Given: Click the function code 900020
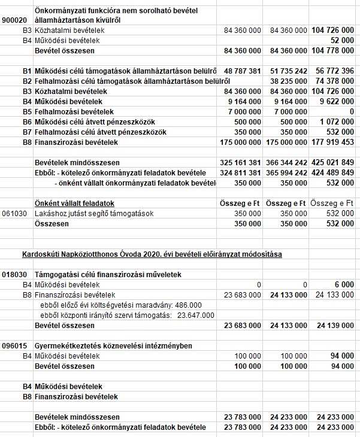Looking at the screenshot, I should [14, 20].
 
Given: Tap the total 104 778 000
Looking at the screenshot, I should [334, 51].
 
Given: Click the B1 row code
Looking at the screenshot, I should [26, 71].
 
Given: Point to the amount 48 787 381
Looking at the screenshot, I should [242, 71].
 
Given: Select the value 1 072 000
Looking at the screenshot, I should [337, 122].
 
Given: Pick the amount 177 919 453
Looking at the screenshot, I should [334, 142].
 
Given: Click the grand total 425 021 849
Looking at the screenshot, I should [334, 162].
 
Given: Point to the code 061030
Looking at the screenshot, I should [14, 214].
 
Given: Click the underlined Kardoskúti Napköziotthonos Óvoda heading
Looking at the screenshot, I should [152, 254].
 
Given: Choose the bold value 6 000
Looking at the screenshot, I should [345, 284].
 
